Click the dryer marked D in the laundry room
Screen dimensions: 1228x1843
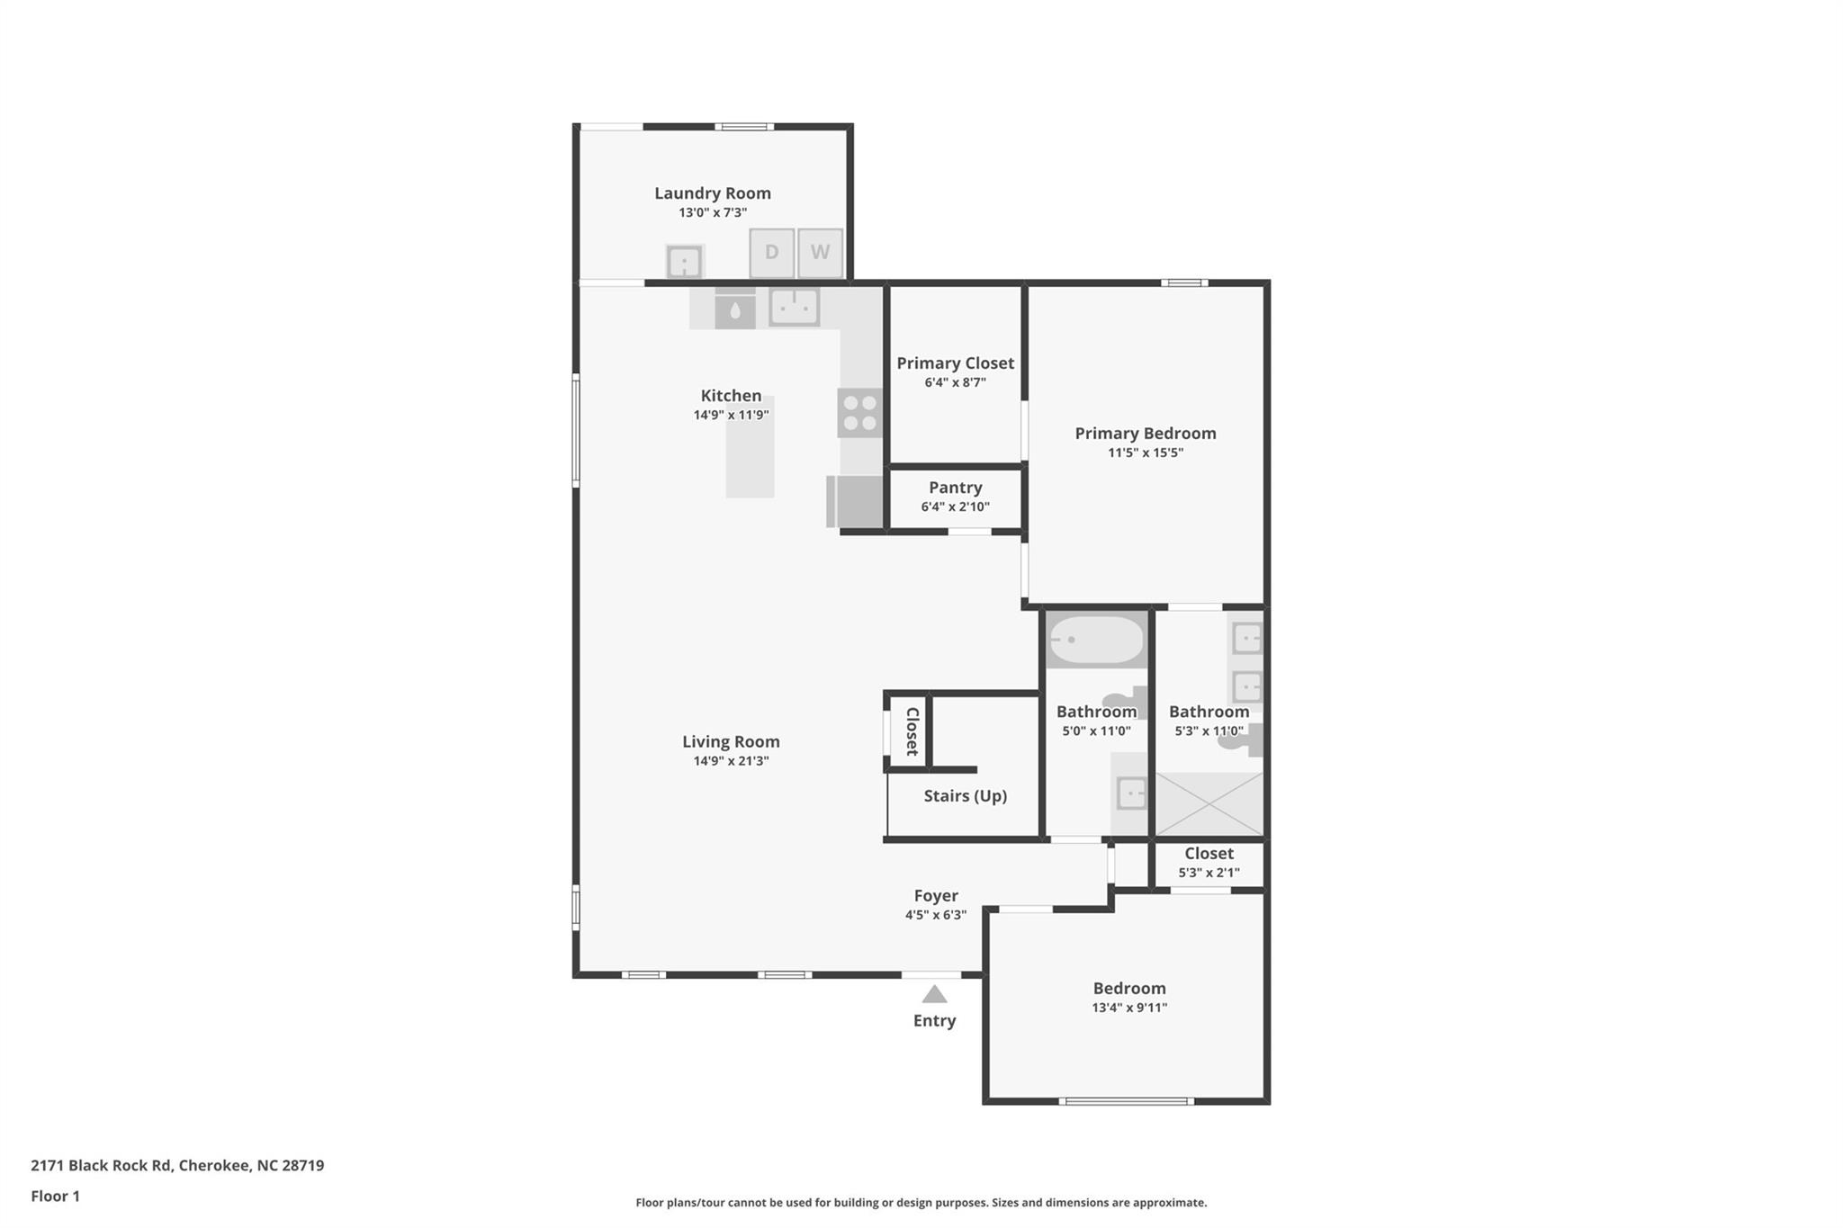(x=771, y=253)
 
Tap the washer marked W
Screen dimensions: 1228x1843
(x=820, y=253)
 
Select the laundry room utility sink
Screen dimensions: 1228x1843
(x=684, y=263)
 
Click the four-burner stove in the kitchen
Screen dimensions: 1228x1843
(x=859, y=413)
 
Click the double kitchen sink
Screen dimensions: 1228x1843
(x=794, y=307)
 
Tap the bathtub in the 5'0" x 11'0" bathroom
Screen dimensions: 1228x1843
(x=1096, y=640)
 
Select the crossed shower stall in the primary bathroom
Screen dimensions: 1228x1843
(x=1209, y=803)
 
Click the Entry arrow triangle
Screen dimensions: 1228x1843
(x=934, y=994)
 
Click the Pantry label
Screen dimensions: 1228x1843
(x=955, y=488)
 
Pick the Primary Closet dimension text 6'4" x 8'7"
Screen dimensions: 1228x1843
(x=955, y=382)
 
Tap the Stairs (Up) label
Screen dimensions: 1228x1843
(x=965, y=796)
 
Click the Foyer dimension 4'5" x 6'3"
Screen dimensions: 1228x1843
(x=935, y=915)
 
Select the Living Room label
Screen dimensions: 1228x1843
(x=730, y=741)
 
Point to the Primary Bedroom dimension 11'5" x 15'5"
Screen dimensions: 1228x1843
(x=1145, y=453)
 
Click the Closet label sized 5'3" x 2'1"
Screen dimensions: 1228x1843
(x=1209, y=853)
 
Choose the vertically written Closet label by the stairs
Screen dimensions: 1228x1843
(x=912, y=731)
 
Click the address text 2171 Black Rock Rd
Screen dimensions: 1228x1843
(x=101, y=1165)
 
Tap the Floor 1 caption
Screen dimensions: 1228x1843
(x=55, y=1196)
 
